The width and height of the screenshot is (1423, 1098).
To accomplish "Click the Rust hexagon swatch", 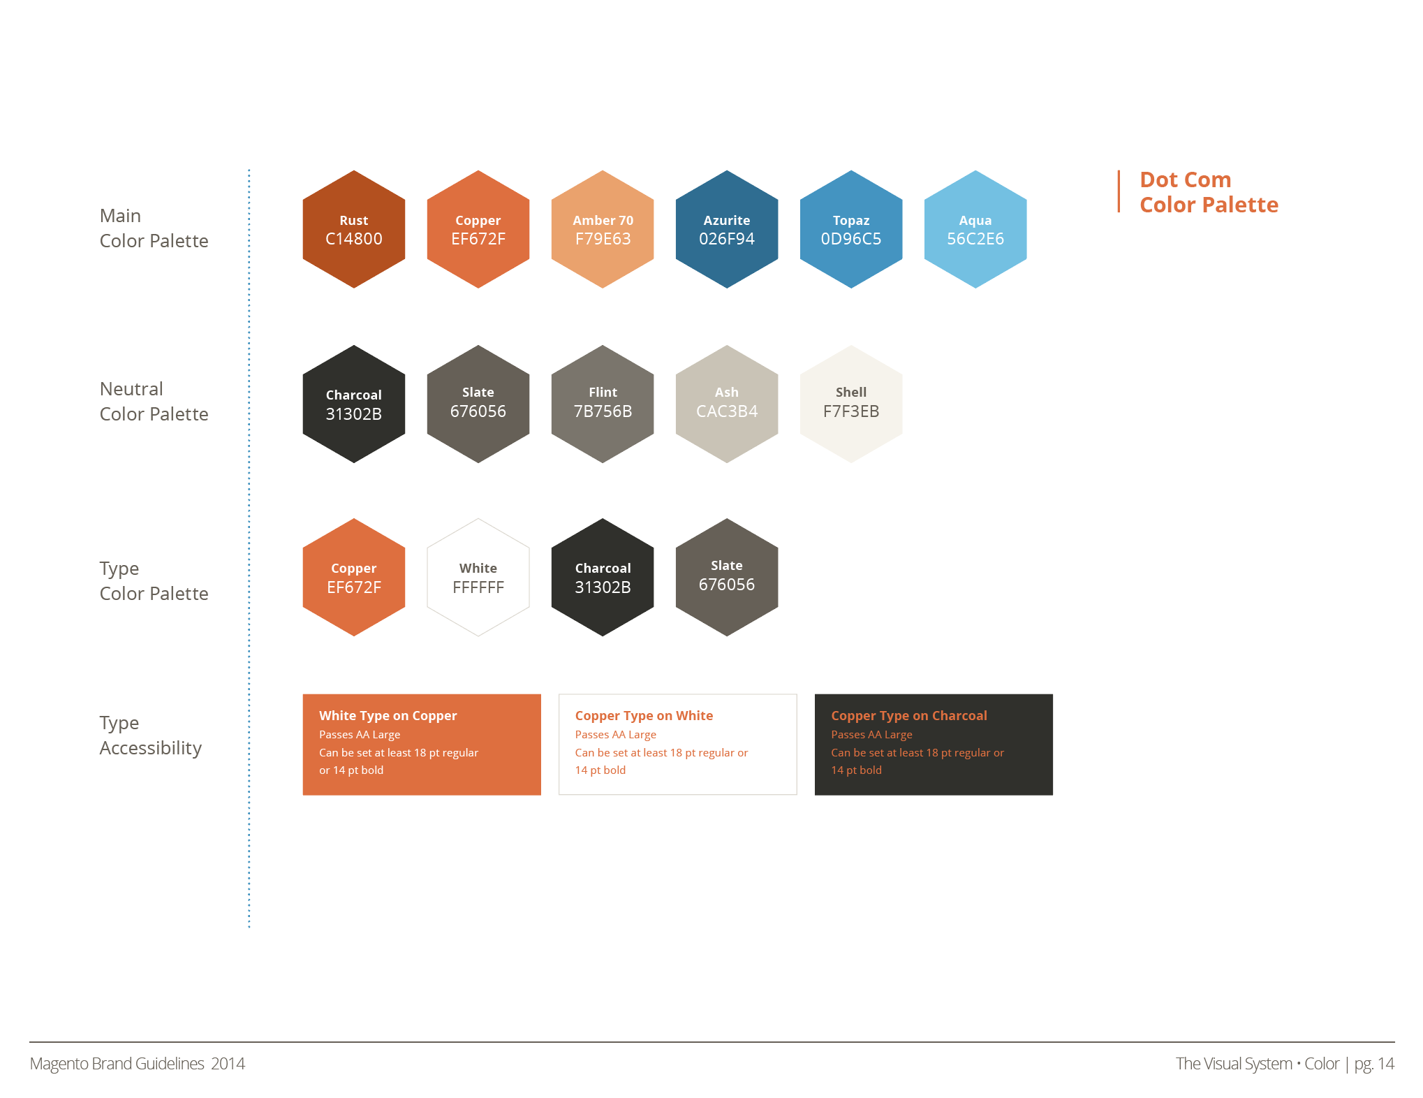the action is pyautogui.click(x=353, y=229).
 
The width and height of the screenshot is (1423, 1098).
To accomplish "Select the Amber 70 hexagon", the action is pyautogui.click(x=602, y=229).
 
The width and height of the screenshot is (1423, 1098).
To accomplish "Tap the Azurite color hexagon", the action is pyautogui.click(x=726, y=229).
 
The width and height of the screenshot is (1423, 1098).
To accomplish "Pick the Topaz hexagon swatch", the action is pyautogui.click(x=850, y=229).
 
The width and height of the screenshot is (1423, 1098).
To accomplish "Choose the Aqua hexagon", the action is pyautogui.click(x=975, y=229).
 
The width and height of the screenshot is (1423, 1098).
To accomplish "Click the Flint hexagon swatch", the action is pyautogui.click(x=602, y=403).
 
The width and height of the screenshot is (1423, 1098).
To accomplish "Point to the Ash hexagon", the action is pyautogui.click(x=726, y=403).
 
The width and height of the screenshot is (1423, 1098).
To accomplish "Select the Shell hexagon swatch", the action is pyautogui.click(x=850, y=403).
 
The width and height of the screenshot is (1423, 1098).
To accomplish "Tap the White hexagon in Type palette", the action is pyautogui.click(x=478, y=577).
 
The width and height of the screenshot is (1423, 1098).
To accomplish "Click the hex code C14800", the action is pyautogui.click(x=353, y=239).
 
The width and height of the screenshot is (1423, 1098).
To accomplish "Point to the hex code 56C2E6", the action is pyautogui.click(x=975, y=239).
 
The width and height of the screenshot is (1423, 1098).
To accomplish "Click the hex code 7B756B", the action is pyautogui.click(x=602, y=411).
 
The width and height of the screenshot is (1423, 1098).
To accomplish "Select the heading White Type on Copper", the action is pyautogui.click(x=388, y=715).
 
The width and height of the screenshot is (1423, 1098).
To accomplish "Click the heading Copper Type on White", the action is pyautogui.click(x=644, y=715).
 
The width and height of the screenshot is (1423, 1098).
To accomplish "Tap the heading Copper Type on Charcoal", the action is pyautogui.click(x=908, y=715).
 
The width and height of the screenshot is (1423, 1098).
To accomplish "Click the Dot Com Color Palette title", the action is pyautogui.click(x=1208, y=192).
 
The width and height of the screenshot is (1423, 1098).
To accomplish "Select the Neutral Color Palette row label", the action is pyautogui.click(x=154, y=401).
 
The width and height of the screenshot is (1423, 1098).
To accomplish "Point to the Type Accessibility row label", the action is pyautogui.click(x=150, y=735).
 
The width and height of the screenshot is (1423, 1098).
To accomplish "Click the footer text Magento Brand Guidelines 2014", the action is pyautogui.click(x=138, y=1063).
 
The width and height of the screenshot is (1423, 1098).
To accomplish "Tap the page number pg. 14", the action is pyautogui.click(x=1373, y=1063).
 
